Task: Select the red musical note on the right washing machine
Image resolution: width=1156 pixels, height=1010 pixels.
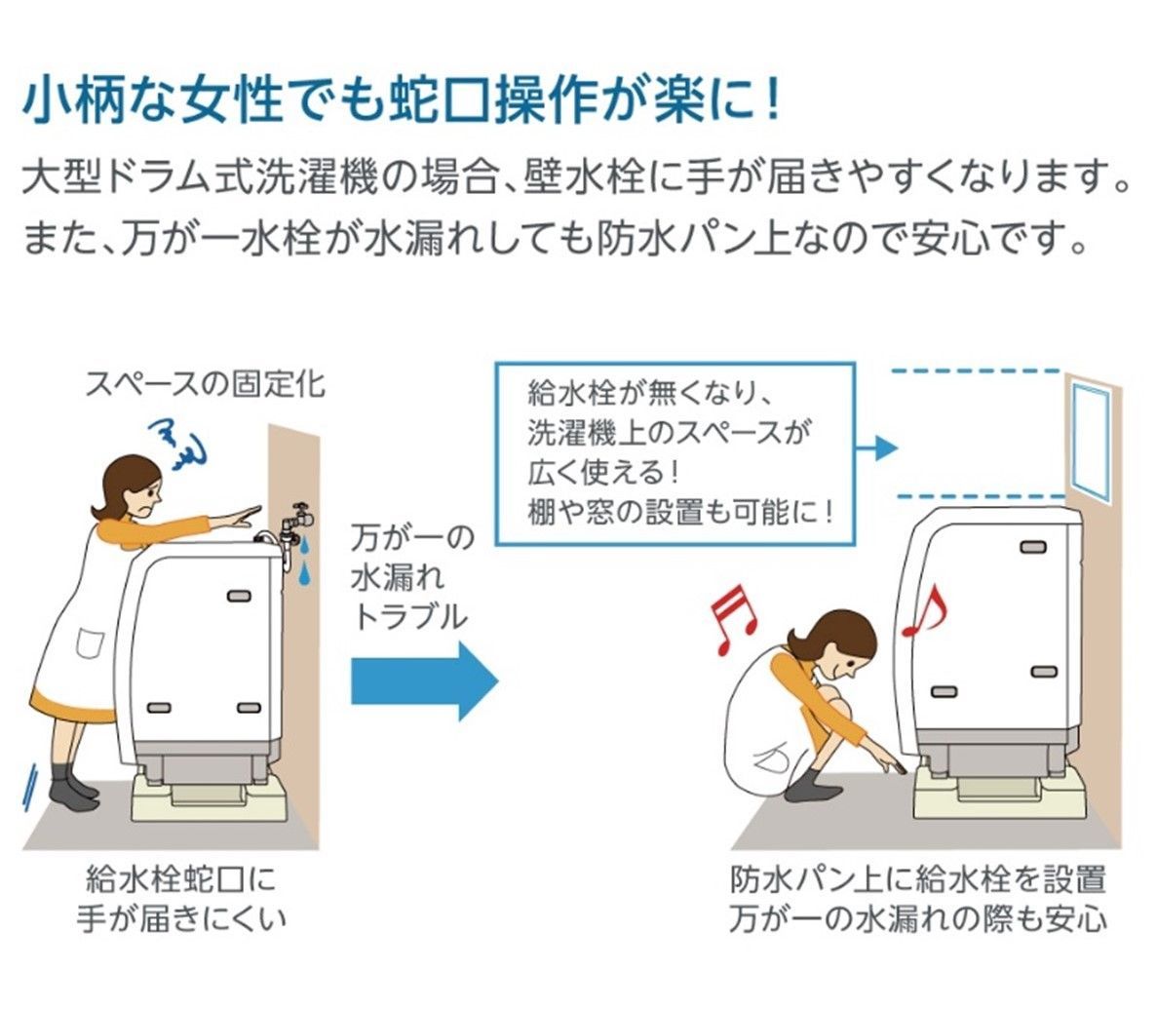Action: [922, 611]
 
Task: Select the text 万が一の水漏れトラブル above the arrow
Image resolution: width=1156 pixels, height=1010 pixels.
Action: [410, 576]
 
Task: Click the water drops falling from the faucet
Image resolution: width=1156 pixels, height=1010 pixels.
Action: [304, 561]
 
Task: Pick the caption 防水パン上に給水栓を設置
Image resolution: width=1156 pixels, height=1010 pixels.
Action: [918, 878]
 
